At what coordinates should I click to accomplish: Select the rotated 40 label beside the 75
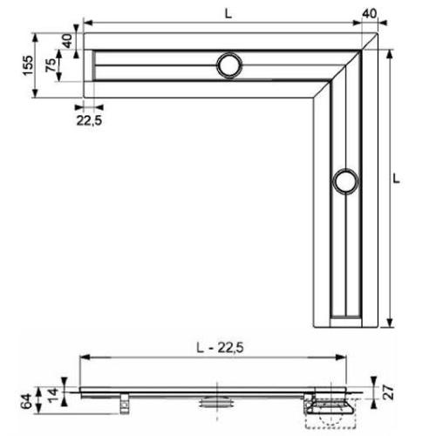[66, 41]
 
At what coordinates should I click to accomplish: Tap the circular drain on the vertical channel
[344, 181]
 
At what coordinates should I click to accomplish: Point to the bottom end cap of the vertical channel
[344, 314]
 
